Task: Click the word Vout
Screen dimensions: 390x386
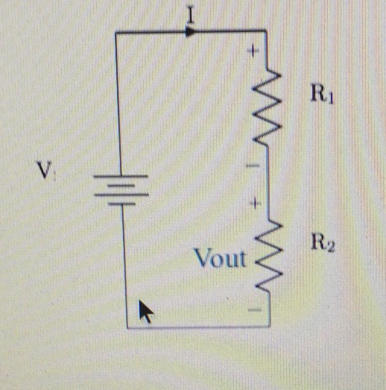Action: click(x=219, y=259)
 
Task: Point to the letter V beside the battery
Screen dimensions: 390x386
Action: click(x=45, y=172)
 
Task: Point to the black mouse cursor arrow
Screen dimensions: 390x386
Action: click(x=148, y=310)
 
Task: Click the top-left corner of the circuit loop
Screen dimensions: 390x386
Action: click(x=118, y=32)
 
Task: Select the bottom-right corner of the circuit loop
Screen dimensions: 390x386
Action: click(x=266, y=327)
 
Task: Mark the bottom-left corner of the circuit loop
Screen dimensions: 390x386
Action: click(x=127, y=327)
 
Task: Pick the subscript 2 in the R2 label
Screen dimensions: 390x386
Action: click(x=329, y=247)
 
